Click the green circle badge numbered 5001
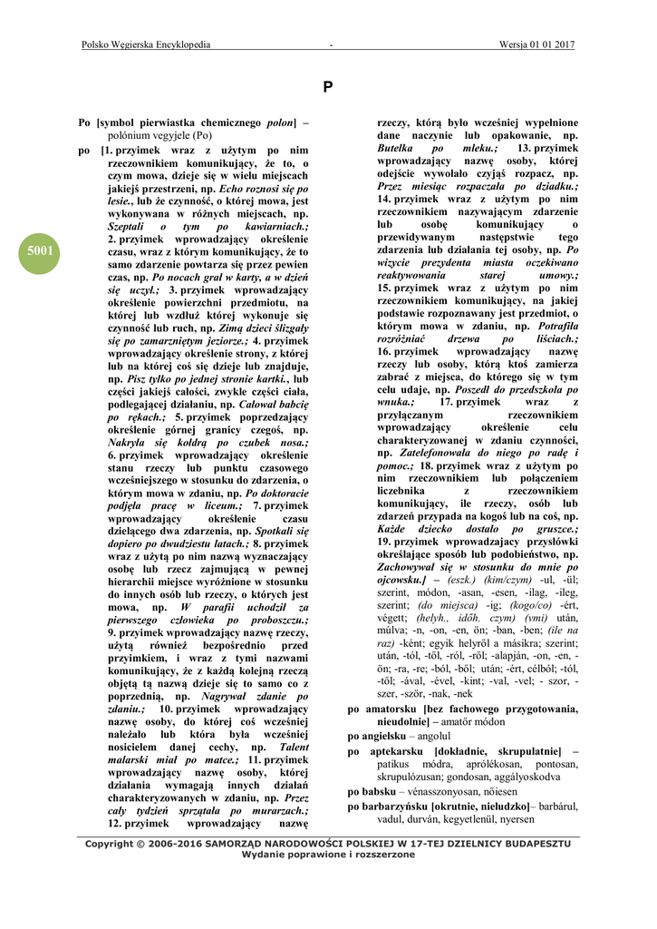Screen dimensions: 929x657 click(x=41, y=250)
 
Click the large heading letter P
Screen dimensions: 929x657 click(x=328, y=87)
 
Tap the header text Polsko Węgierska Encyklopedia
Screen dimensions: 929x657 click(x=146, y=44)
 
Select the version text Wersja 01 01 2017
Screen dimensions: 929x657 click(x=536, y=44)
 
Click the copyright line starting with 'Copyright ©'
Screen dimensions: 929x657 click(x=328, y=844)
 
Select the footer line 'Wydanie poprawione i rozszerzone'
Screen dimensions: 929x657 click(x=328, y=855)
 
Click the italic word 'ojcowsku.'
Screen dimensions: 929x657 click(x=401, y=579)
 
